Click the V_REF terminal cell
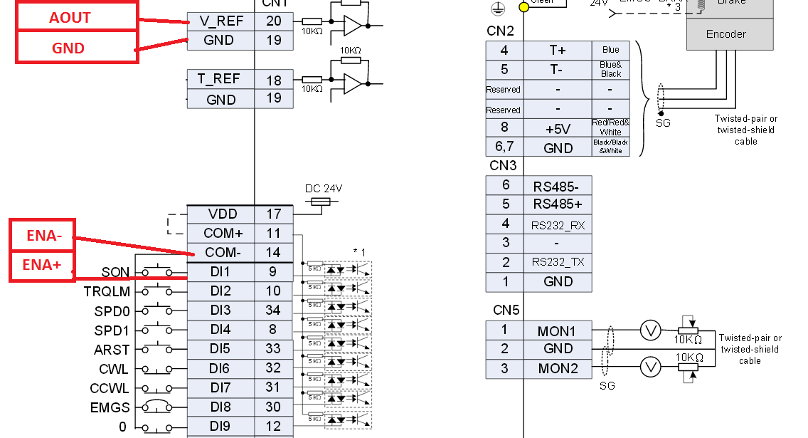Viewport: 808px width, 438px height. [x=220, y=21]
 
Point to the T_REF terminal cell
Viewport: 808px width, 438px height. [x=220, y=80]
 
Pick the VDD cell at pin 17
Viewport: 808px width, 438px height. [x=220, y=214]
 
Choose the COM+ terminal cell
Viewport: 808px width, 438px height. [x=220, y=234]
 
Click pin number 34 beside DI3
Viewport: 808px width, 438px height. [x=274, y=311]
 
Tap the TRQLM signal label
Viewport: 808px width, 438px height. [x=107, y=291]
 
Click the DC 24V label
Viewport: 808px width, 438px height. [x=324, y=189]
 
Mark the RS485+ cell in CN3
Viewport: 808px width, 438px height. [x=558, y=204]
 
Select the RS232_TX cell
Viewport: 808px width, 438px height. [x=558, y=262]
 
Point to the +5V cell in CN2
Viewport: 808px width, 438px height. [x=558, y=129]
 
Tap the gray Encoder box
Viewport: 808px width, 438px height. [x=729, y=34]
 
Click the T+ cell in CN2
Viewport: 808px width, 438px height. [x=558, y=50]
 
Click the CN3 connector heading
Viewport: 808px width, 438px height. [x=503, y=166]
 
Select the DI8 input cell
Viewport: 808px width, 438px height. [x=220, y=407]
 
